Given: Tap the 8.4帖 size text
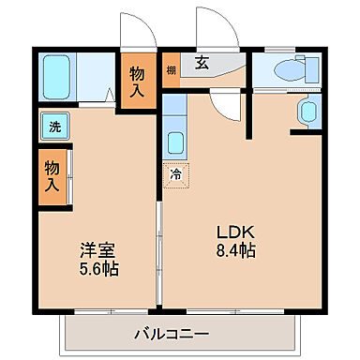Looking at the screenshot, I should [234, 251].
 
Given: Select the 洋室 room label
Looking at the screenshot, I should [97, 251].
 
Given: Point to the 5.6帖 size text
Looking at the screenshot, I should [97, 269].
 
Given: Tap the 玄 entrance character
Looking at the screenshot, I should [202, 65].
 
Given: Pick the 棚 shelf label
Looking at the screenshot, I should [172, 70].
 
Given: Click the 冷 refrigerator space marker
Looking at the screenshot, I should [175, 172].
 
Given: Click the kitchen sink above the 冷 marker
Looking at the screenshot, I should [175, 143].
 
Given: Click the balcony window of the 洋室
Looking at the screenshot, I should [97, 309].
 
